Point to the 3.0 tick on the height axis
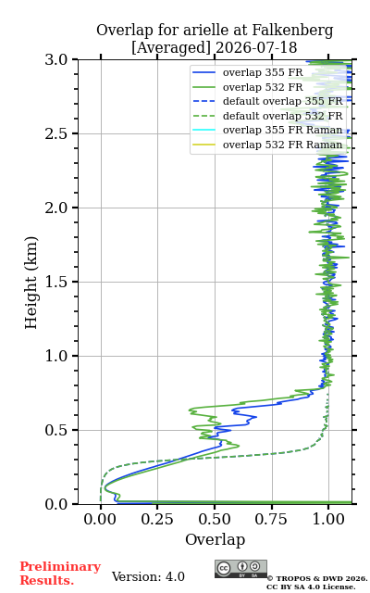56,59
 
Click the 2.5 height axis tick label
56,133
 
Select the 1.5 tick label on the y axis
56,282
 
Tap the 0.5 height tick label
56,430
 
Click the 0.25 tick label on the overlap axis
157,519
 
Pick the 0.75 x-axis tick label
272,519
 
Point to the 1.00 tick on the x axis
328,519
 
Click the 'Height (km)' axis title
31,283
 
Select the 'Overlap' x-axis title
216,539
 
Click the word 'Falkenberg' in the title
292,31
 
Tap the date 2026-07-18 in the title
257,47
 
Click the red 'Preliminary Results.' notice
60,574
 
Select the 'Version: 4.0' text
148,576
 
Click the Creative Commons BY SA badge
240,569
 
